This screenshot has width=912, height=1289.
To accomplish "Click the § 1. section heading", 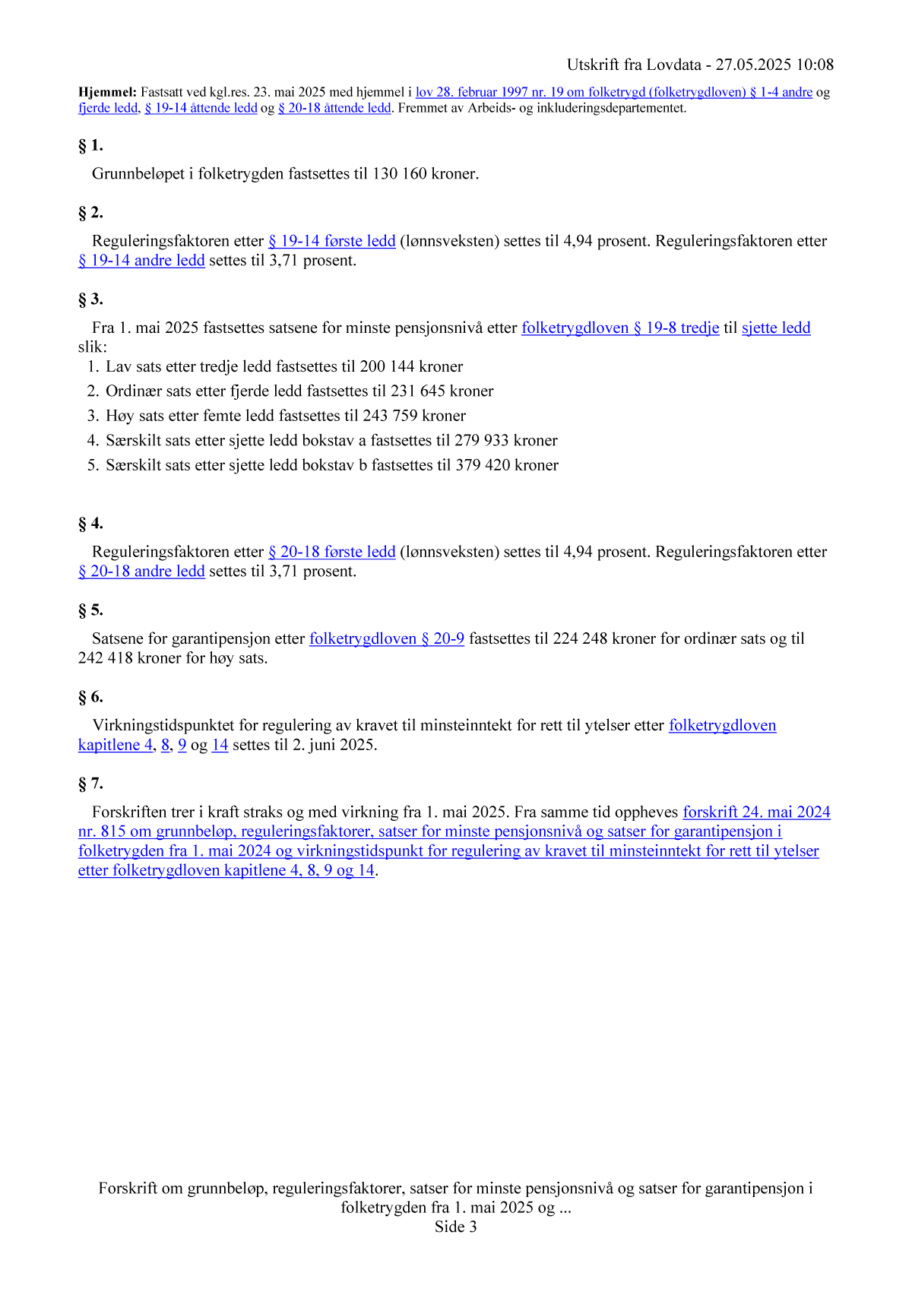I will (x=90, y=145).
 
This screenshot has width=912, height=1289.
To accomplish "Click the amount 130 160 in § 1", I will (x=400, y=174).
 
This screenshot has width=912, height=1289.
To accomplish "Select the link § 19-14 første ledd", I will (x=331, y=241).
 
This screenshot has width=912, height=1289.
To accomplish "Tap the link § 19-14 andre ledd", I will (x=141, y=261).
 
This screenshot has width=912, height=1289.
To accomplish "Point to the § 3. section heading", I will (x=90, y=299).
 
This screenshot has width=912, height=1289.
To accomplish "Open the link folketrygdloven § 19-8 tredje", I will (x=620, y=328).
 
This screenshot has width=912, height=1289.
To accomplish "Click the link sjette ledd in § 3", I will (x=776, y=328).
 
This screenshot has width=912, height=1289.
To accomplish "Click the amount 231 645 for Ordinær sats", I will (x=418, y=391).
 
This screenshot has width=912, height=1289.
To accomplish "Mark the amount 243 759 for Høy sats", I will (x=391, y=416).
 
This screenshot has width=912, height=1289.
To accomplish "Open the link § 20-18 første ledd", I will (x=331, y=552).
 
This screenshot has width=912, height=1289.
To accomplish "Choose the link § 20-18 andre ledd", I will (x=141, y=572).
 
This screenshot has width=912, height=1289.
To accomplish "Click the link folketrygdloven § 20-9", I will (x=387, y=639).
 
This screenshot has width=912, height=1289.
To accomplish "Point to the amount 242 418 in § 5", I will (x=106, y=658).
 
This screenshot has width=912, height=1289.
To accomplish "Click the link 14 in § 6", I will (x=220, y=745).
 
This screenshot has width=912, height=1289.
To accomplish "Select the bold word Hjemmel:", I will (x=107, y=93).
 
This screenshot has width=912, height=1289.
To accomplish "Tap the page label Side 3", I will (x=456, y=1227).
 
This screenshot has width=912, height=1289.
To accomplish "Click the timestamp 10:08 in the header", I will (x=815, y=65).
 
